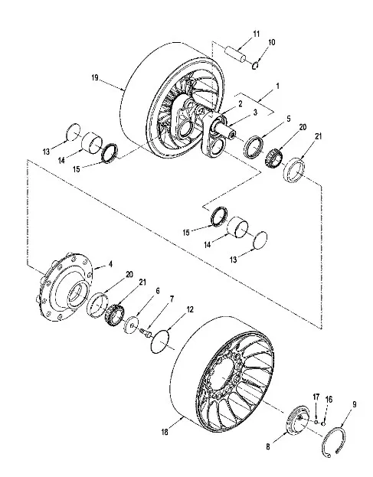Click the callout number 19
click(x=95, y=77)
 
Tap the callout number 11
click(x=257, y=34)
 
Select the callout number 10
click(x=271, y=42)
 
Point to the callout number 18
click(x=165, y=432)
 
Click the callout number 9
click(x=354, y=404)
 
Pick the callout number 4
click(x=110, y=264)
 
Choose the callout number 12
click(x=190, y=309)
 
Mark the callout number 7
click(x=172, y=299)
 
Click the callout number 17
click(x=316, y=397)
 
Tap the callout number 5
click(x=289, y=119)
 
